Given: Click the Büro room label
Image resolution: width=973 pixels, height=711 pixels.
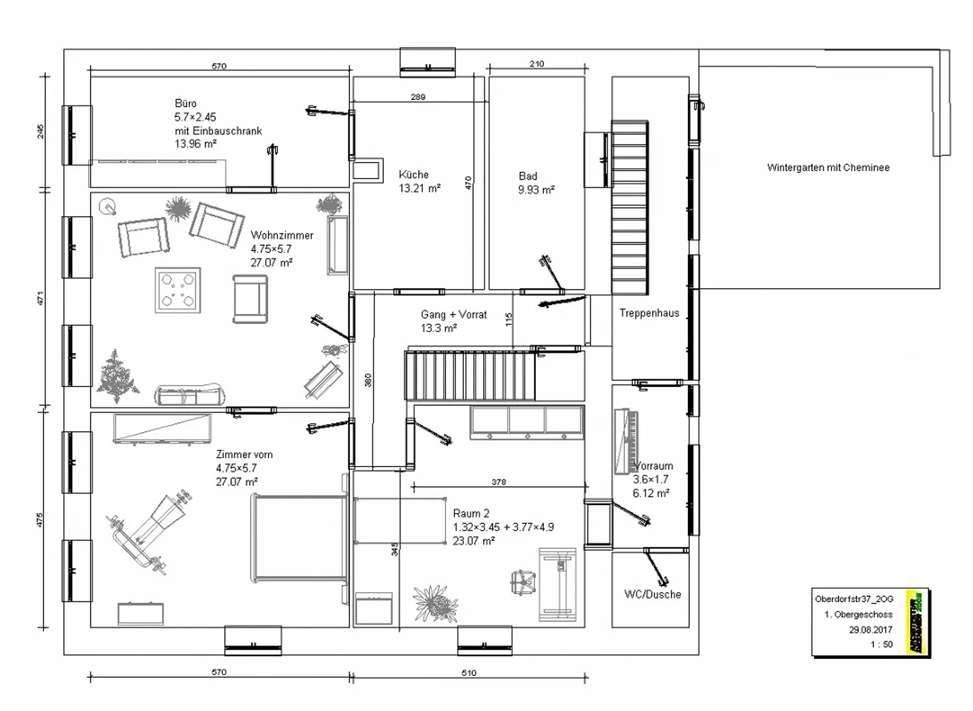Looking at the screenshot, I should (186, 103).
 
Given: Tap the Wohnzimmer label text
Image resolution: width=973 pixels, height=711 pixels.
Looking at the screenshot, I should (282, 235).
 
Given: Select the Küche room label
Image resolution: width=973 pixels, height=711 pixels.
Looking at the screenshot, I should (414, 174).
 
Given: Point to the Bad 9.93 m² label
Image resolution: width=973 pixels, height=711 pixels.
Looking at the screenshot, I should (536, 183).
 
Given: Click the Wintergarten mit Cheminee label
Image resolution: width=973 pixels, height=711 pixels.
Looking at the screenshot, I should (828, 167).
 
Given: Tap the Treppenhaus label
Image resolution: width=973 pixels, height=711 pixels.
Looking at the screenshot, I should (649, 313).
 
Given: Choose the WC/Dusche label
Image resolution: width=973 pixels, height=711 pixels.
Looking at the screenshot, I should (652, 594).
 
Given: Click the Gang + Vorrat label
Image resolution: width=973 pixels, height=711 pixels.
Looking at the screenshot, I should (453, 315).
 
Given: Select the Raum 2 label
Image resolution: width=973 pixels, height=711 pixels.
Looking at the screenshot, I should (471, 513).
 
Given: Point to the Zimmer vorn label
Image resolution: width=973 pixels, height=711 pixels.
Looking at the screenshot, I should (244, 454).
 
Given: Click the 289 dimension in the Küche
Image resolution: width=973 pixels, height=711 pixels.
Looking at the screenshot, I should (418, 97).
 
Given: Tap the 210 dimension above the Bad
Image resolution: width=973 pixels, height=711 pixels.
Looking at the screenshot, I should (537, 64).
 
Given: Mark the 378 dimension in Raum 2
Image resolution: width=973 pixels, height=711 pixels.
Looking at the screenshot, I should (498, 482).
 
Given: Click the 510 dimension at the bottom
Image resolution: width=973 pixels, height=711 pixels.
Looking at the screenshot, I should (468, 673).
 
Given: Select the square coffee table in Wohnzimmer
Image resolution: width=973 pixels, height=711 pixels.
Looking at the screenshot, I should (178, 291).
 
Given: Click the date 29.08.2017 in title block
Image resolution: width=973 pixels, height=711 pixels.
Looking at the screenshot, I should (870, 629).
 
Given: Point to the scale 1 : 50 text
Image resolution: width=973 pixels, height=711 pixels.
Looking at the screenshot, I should (881, 644).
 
